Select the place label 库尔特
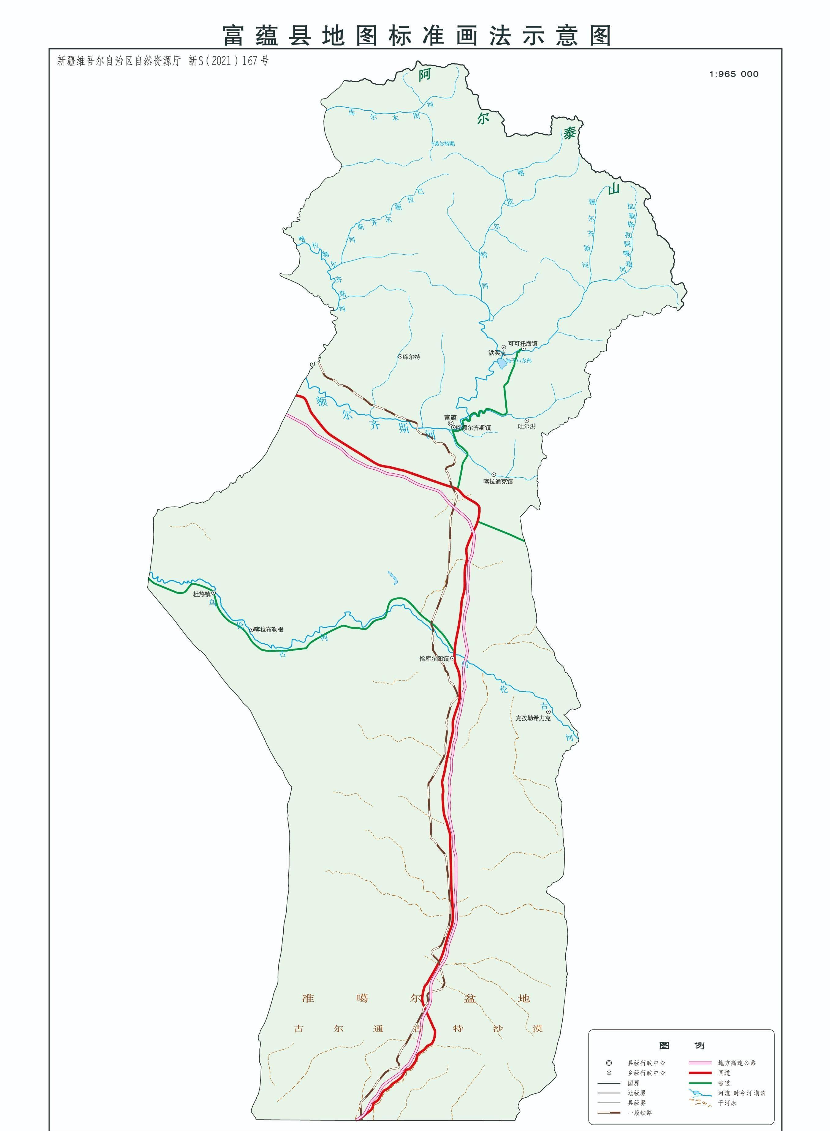point(411,357)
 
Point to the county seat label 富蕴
point(450,417)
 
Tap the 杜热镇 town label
point(202,594)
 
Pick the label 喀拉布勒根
point(269,629)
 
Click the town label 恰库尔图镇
point(434,658)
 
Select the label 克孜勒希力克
point(533,718)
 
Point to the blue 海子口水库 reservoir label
point(519,360)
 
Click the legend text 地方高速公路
point(737,1063)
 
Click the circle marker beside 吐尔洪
point(527,421)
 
